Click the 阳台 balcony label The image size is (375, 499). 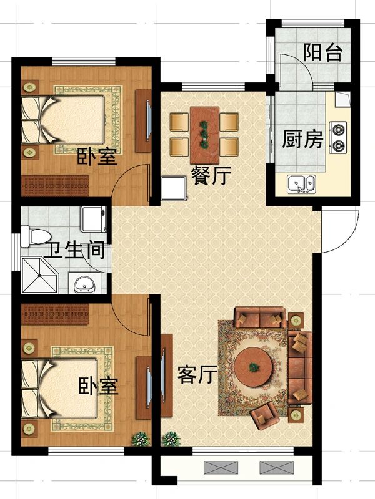[322, 52]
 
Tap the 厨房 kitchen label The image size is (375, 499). [302, 139]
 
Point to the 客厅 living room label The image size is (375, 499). [197, 374]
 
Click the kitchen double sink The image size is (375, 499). [301, 184]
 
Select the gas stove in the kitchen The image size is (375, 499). [338, 137]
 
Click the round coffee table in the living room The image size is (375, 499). [253, 367]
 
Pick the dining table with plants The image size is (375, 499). [204, 135]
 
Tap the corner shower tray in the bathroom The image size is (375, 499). [39, 275]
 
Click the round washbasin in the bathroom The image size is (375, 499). [84, 284]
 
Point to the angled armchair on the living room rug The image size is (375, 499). [264, 415]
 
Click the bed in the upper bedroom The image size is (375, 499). [63, 120]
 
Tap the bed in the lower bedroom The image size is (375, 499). [59, 387]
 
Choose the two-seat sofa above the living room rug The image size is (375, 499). [260, 317]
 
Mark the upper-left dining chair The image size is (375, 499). [179, 122]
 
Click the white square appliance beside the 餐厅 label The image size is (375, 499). [174, 188]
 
